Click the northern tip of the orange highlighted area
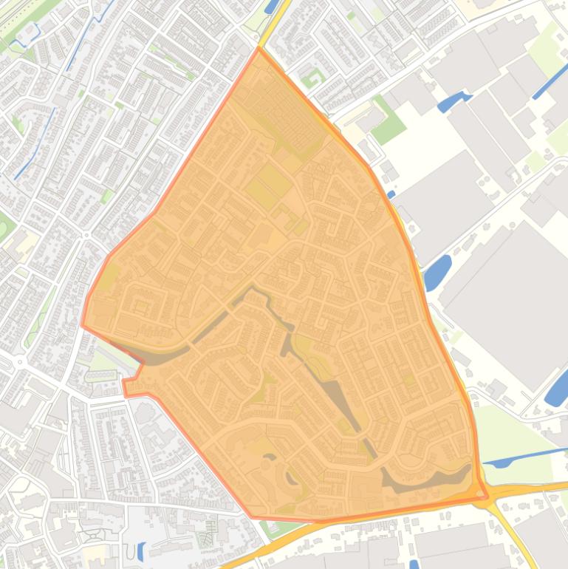(x=259, y=50)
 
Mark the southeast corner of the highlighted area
(x=486, y=497)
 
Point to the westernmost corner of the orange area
(x=83, y=324)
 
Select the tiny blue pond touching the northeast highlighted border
(x=391, y=195)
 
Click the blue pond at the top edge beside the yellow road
(x=271, y=6)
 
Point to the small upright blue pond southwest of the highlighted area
(x=140, y=551)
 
